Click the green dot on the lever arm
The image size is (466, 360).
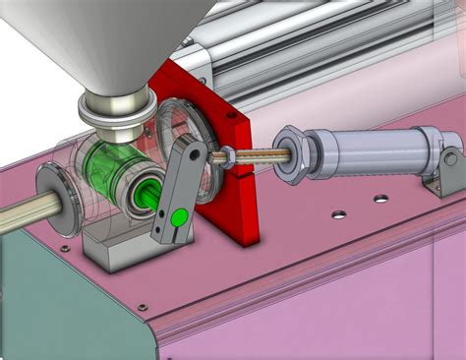click(x=178, y=217)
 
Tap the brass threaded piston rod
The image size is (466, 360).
click(x=260, y=154)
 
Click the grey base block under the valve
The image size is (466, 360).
click(x=116, y=251)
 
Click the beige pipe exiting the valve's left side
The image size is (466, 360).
click(x=18, y=215)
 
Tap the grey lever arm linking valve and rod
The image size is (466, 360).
click(x=175, y=187)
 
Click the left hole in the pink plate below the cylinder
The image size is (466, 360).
click(x=338, y=213)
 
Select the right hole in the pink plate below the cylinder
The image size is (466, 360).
click(x=379, y=199)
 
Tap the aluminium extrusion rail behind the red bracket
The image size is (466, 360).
click(x=295, y=59)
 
